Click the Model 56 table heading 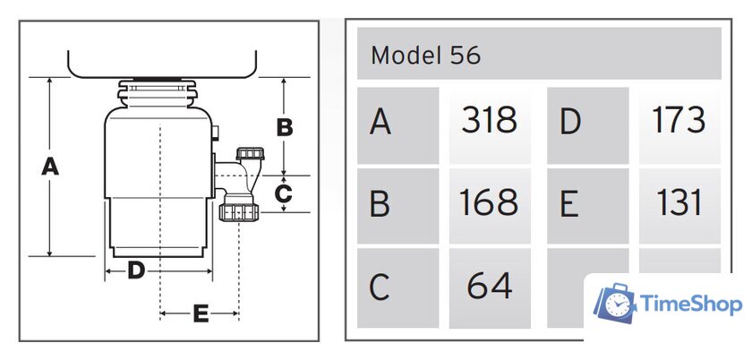[426, 56]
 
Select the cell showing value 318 [489, 120]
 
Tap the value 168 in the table [489, 204]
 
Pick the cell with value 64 [489, 287]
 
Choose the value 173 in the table [679, 120]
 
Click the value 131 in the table [679, 203]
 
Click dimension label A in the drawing [50, 167]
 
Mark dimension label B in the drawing [284, 128]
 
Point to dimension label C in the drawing [283, 193]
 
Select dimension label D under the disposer [136, 270]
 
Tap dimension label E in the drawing [201, 313]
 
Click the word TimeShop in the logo [692, 305]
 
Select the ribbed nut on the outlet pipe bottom [238, 212]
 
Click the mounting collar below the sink [158, 92]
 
